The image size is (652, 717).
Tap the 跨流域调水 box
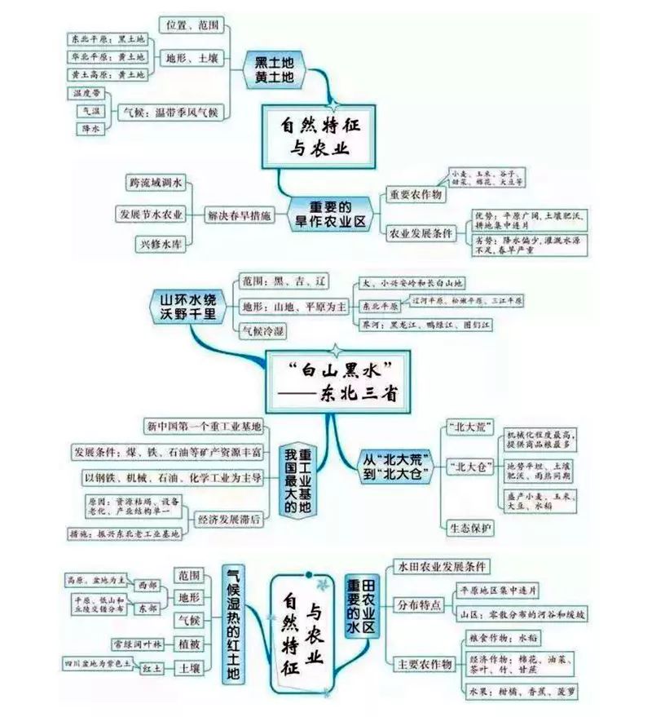[x=156, y=182]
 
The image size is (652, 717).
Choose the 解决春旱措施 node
[x=242, y=214]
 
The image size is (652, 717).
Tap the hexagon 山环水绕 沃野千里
[x=184, y=305]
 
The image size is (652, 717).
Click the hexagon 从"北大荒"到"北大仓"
[x=396, y=467]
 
